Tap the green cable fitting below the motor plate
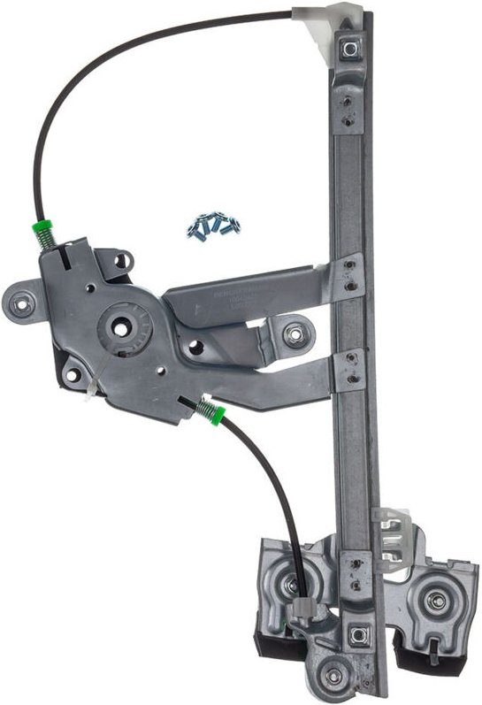[x=210, y=411]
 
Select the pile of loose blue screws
[x=212, y=226]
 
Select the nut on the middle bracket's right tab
[x=296, y=334]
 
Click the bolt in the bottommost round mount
[x=333, y=675]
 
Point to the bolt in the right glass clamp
[x=436, y=601]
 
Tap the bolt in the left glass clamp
[x=290, y=584]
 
